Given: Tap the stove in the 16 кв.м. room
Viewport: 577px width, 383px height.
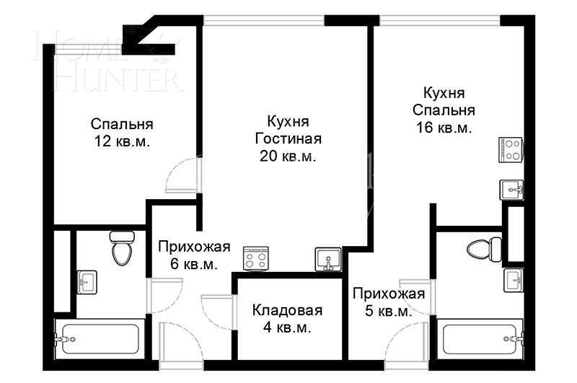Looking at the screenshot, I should click(x=511, y=149).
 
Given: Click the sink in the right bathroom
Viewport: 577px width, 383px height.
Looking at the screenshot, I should click(x=514, y=278).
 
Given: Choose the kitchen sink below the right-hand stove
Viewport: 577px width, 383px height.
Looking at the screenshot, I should click(x=511, y=189).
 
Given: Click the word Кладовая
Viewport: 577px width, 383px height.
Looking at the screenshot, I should click(x=287, y=311).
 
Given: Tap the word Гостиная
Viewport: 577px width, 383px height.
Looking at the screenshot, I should click(x=288, y=138).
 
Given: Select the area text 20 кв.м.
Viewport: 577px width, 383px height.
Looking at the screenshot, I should click(x=288, y=156).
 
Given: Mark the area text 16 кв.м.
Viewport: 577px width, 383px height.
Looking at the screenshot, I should click(x=444, y=128).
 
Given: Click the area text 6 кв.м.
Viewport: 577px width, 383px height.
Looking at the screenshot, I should click(x=194, y=265).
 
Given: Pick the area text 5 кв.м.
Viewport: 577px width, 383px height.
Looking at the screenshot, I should click(x=388, y=312).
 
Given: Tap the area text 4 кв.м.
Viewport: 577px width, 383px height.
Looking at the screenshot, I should click(x=287, y=328).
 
